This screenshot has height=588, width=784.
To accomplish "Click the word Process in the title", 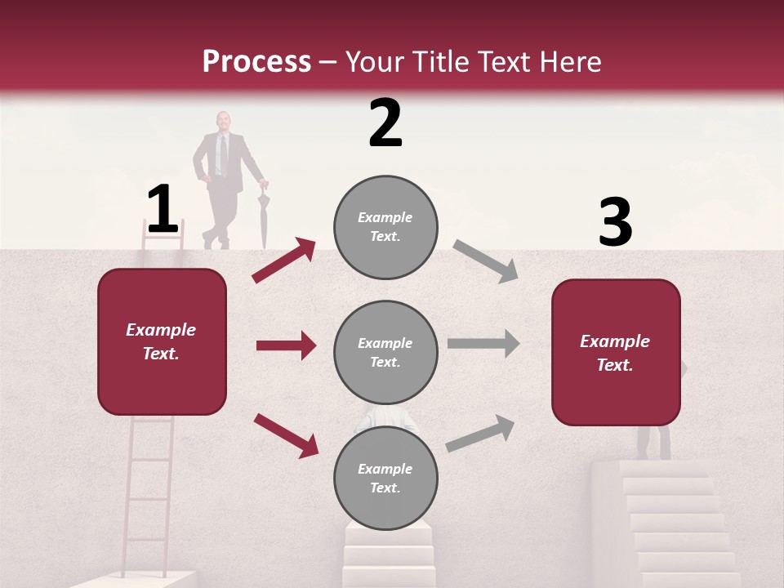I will coord(256,61).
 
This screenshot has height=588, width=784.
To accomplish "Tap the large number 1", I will coord(162,210).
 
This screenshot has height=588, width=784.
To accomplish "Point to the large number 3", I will coord(615,223).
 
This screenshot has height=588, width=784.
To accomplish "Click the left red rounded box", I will coord(162,341).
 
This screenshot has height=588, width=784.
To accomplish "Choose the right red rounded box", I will coord(616,352).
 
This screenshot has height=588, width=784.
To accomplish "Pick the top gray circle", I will coord(385,227).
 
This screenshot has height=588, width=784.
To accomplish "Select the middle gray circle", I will coord(385,352).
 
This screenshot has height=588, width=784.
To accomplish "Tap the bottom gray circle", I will coord(385,478).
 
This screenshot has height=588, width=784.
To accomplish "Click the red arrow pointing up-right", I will coord(283,261).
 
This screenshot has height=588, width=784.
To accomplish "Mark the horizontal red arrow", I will coord(286,345).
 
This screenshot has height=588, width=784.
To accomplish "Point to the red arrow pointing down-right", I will coord(286,435).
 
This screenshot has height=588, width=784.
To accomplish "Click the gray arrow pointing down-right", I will coord(485,261).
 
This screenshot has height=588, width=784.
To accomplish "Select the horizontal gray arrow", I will coord(483,343).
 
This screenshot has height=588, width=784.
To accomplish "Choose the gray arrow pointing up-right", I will coord(480,434).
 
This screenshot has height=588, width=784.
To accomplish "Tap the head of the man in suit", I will coord(222,121).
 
